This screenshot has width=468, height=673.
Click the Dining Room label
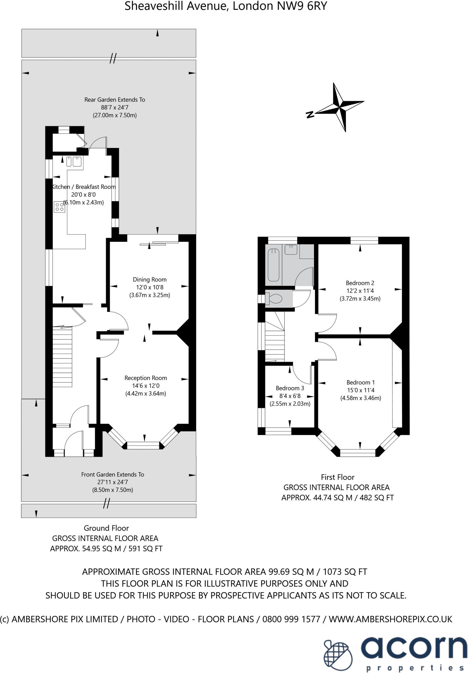[x=149, y=280]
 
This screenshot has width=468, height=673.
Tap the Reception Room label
[x=145, y=378]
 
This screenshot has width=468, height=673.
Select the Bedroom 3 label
[x=290, y=388]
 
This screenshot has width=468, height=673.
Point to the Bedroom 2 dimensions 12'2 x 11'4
[x=360, y=291]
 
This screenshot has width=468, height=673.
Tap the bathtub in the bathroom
[x=274, y=265]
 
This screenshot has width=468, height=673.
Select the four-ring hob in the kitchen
[x=59, y=207]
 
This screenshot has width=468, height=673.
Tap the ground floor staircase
[x=62, y=357]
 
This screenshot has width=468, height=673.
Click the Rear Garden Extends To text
[x=115, y=100]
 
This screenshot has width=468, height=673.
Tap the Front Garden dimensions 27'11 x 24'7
[x=113, y=482]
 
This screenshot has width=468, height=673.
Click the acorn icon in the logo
[x=339, y=651]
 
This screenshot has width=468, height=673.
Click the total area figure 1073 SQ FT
[x=345, y=572]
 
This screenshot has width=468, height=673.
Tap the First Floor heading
[x=338, y=477]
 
